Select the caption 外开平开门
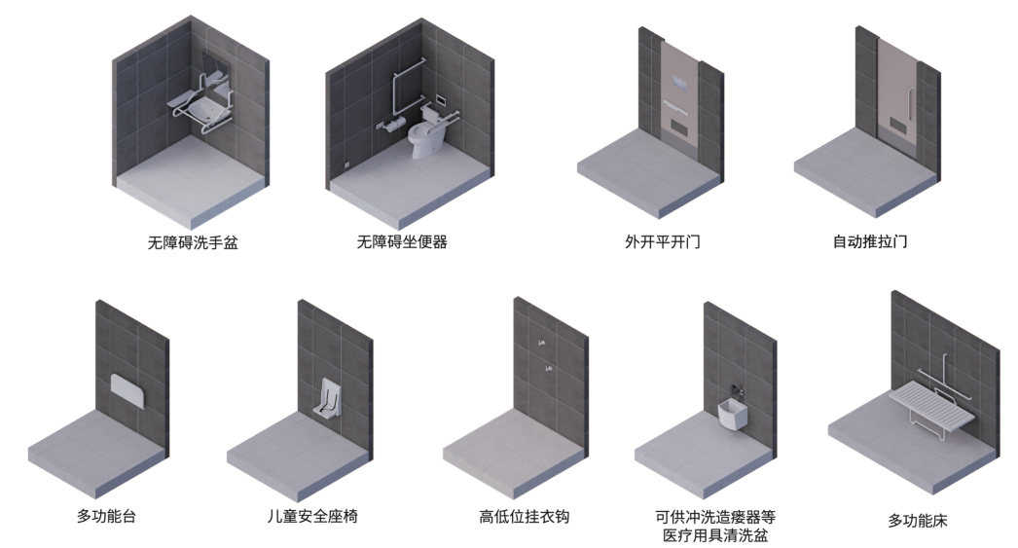(x=663, y=241)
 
